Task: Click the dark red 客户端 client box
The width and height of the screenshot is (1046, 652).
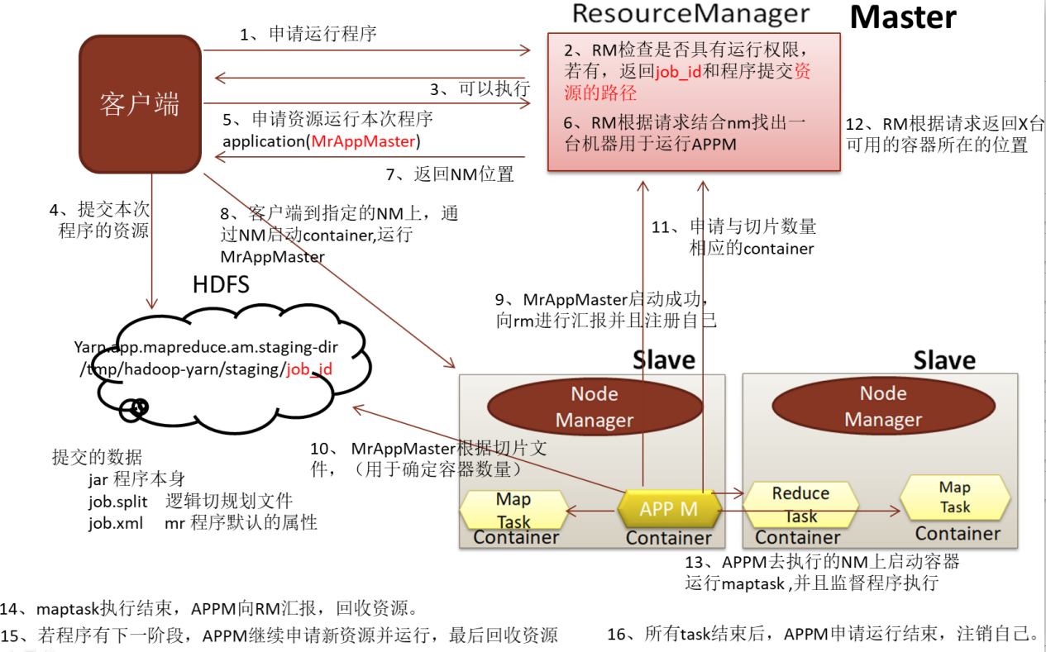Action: pos(140,104)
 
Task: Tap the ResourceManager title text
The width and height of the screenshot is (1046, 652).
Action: pos(690,14)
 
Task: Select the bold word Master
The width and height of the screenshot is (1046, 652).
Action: pos(903,17)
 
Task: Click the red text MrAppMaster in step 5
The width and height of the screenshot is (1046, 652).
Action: pos(363,141)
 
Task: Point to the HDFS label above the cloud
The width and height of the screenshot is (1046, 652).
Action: pos(221,284)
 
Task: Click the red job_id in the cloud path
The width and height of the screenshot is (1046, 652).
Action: pos(309,369)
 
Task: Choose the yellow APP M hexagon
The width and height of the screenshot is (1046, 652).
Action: pos(669,509)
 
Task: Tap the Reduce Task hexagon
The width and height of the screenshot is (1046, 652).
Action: pos(800,504)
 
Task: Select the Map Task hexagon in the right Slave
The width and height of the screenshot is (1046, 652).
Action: pos(954,497)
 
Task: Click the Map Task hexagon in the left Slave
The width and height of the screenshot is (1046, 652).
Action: pos(513,509)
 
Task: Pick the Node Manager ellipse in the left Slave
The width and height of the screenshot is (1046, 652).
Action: pos(594,407)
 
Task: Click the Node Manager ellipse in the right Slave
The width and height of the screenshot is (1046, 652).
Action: pos(882,407)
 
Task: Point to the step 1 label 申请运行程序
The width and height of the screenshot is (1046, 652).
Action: pos(308,34)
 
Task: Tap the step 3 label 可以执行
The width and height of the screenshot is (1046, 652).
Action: pos(480,88)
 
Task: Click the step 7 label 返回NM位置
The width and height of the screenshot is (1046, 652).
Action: pos(450,174)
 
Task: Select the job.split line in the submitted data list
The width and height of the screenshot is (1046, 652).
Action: pos(190,501)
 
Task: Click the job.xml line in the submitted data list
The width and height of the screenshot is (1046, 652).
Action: pos(203,523)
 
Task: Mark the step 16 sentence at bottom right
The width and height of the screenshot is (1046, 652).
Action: pos(824,635)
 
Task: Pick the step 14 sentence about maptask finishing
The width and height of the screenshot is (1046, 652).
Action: pos(211,609)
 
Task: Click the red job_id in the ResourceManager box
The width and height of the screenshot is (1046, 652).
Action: pos(678,72)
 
